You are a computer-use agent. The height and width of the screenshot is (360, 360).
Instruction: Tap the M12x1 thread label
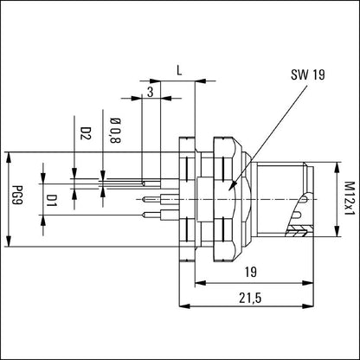tap(348, 198)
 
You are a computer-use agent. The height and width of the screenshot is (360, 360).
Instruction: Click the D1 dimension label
tap(53, 202)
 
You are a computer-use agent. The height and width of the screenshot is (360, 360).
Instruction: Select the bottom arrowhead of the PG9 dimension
tap(10, 242)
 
